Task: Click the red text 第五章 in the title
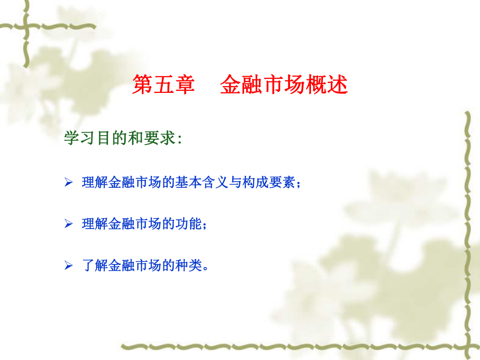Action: (x=163, y=85)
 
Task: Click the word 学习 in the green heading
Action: (x=75, y=139)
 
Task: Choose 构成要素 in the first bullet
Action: (x=270, y=183)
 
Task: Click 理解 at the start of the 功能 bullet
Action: (x=93, y=224)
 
